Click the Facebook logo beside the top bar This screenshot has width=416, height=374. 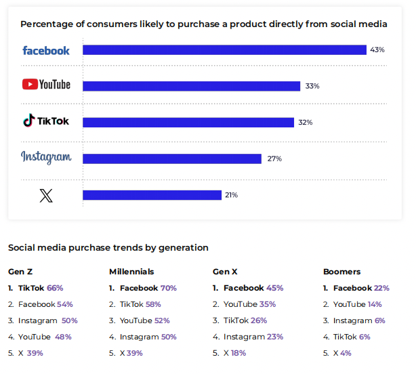pyautogui.click(x=46, y=50)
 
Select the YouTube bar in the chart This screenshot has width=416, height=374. pyautogui.click(x=192, y=86)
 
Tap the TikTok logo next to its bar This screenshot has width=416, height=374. pyautogui.click(x=46, y=121)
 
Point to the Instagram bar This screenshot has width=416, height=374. pyautogui.click(x=172, y=159)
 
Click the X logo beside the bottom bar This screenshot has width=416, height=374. pyautogui.click(x=46, y=195)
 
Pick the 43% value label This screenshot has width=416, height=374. pyautogui.click(x=377, y=50)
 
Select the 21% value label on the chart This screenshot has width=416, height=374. pyautogui.click(x=231, y=195)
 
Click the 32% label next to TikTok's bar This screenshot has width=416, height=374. pyautogui.click(x=305, y=123)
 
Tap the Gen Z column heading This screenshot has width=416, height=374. pyautogui.click(x=20, y=272)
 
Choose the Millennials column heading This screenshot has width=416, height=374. pyautogui.click(x=131, y=272)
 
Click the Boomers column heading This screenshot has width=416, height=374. pyautogui.click(x=341, y=272)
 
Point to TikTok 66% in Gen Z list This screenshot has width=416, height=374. pyautogui.click(x=41, y=288)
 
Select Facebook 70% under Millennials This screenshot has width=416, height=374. pyautogui.click(x=148, y=288)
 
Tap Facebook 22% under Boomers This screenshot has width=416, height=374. pyautogui.click(x=361, y=288)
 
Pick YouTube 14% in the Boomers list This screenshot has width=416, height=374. pyautogui.click(x=357, y=304)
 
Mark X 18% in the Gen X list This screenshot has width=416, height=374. pyautogui.click(x=234, y=353)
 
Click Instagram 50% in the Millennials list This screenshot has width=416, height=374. pyautogui.click(x=148, y=337)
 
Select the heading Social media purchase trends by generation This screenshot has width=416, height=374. pyautogui.click(x=108, y=247)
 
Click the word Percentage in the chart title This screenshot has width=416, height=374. pyautogui.click(x=45, y=24)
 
